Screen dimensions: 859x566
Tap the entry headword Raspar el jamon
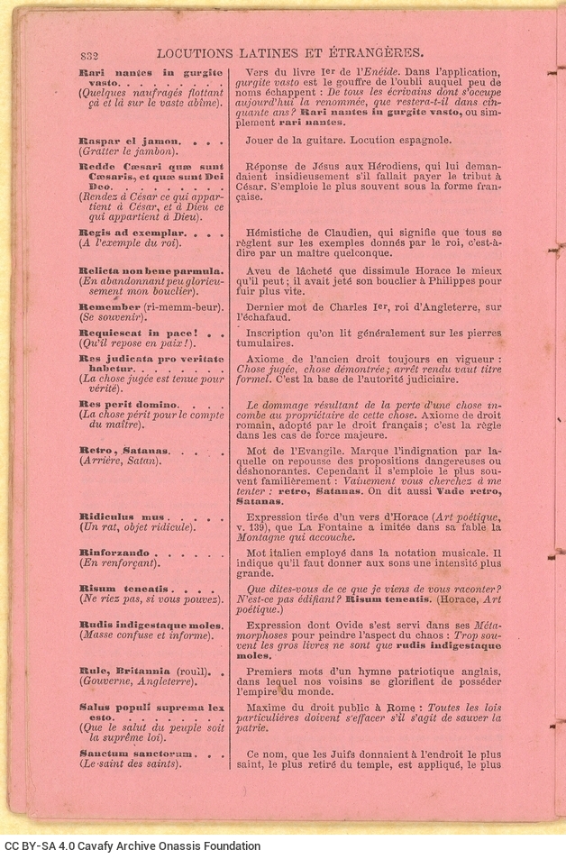(131, 142)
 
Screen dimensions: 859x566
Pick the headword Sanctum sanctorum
(136, 753)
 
